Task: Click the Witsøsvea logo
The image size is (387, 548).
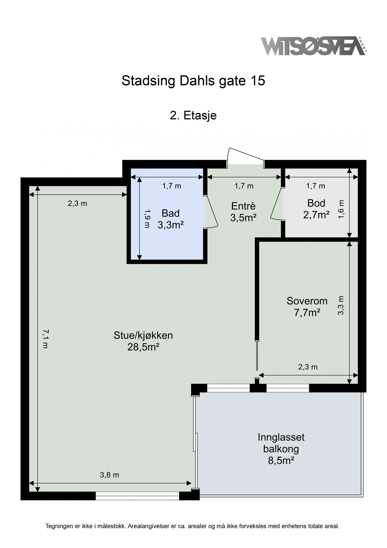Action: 314,46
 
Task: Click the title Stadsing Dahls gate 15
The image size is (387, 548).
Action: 193,81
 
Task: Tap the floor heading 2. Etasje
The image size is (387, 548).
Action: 193,116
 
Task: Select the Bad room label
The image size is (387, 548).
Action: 171,213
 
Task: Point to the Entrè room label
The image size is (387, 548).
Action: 244,206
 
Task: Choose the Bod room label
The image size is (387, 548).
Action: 316,203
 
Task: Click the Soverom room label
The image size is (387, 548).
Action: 307,301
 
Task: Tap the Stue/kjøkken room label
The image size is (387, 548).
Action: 143,335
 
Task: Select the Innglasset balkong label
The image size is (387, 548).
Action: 281,443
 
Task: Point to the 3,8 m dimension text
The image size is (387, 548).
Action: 109,475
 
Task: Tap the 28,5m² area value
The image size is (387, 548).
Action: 143,347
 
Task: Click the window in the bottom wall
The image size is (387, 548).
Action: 137,496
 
